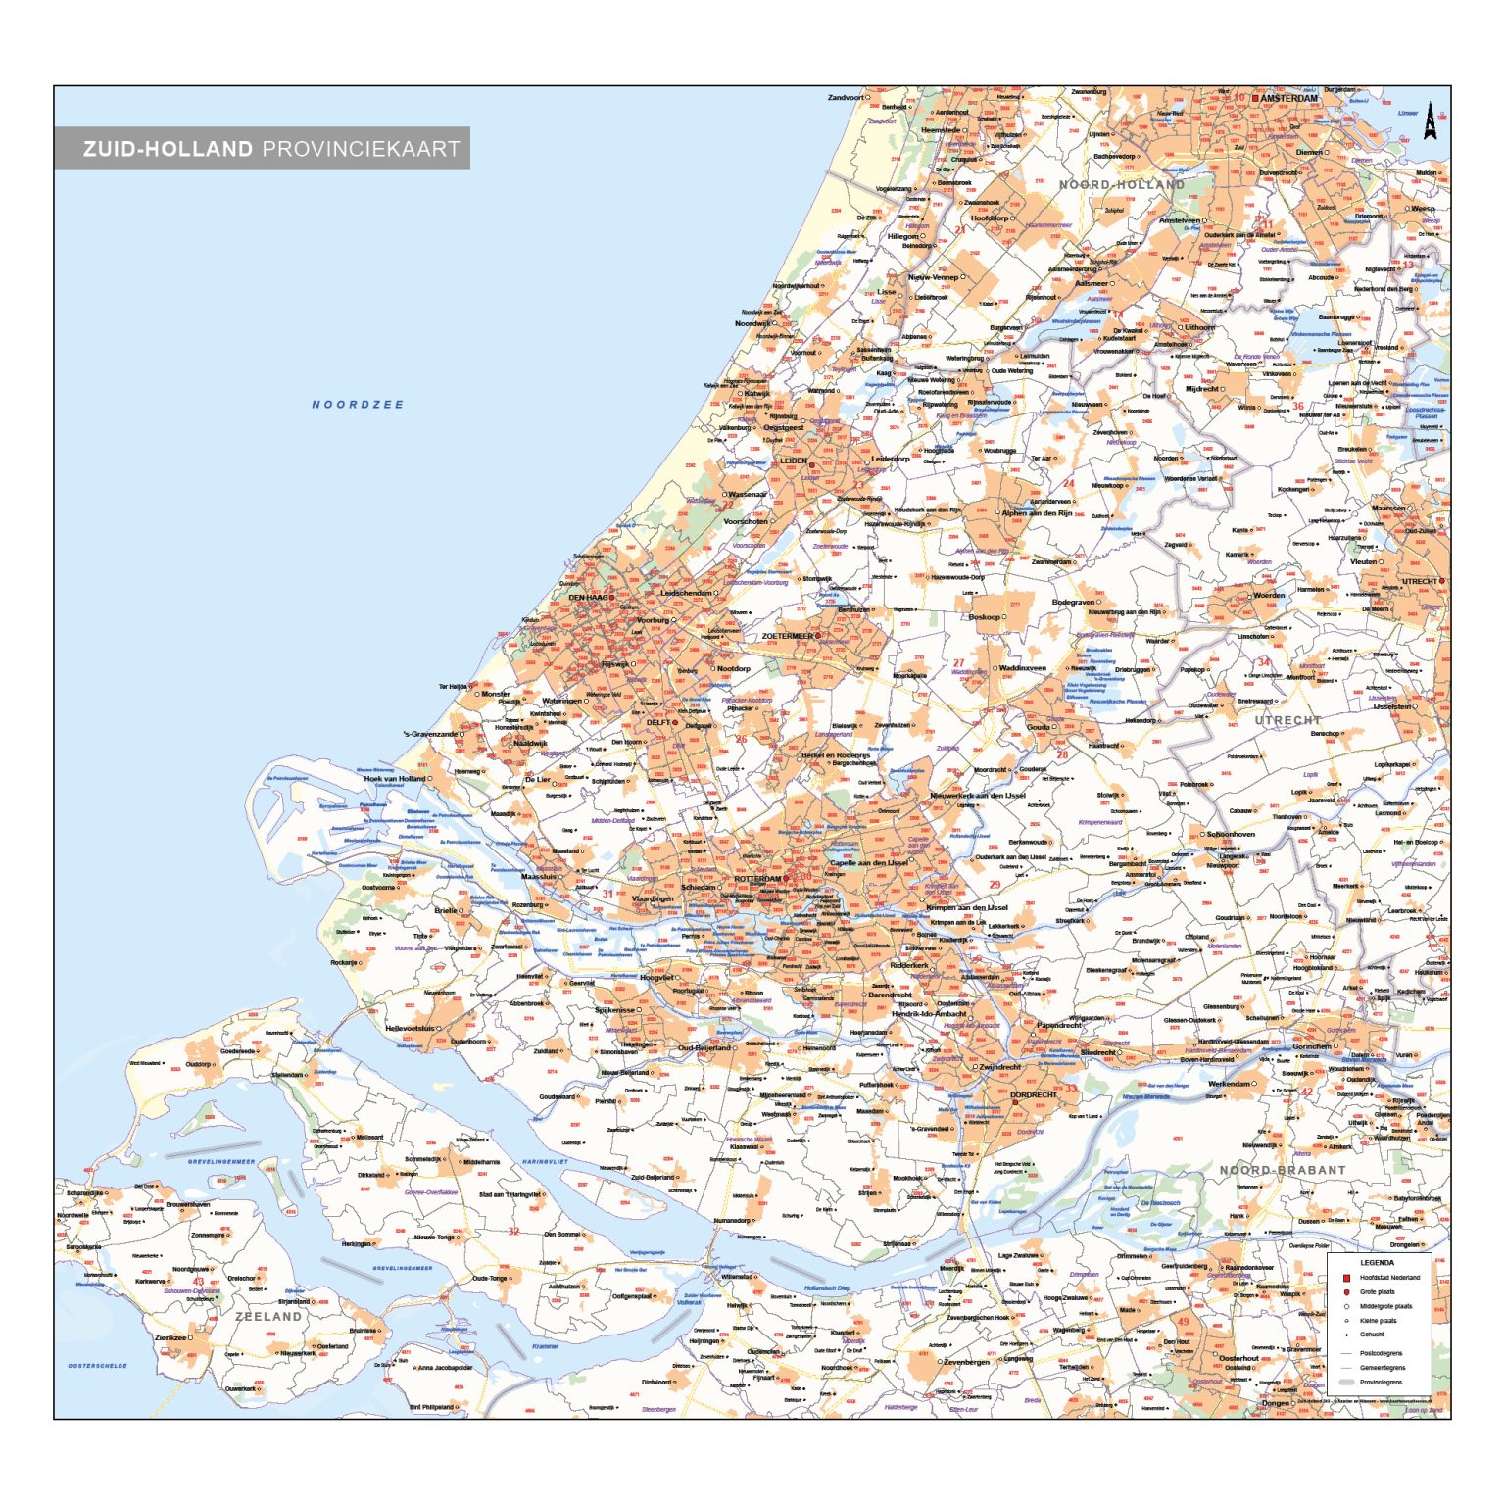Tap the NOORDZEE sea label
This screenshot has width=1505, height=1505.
357,404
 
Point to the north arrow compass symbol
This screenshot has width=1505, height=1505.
1430,121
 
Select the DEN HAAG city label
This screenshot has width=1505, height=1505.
589,597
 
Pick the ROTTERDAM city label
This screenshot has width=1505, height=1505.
758,879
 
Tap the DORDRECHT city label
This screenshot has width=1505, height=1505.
1034,1094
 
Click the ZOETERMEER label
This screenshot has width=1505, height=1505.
788,636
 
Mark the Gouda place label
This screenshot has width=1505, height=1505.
1038,727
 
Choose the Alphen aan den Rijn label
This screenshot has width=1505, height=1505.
1036,512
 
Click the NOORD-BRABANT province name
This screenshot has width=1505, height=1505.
1282,1170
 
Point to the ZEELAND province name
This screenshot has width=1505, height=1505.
268,1316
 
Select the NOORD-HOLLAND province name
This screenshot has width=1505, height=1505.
1121,184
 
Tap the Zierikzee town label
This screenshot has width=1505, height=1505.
170,1337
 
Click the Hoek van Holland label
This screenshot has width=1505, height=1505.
395,779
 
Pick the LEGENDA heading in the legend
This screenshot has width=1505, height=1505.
1377,1263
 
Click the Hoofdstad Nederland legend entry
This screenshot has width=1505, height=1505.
1388,1278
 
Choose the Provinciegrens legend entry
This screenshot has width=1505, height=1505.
1381,1382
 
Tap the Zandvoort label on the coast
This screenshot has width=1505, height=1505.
846,98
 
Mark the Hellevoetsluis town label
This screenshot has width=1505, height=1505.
409,1029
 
